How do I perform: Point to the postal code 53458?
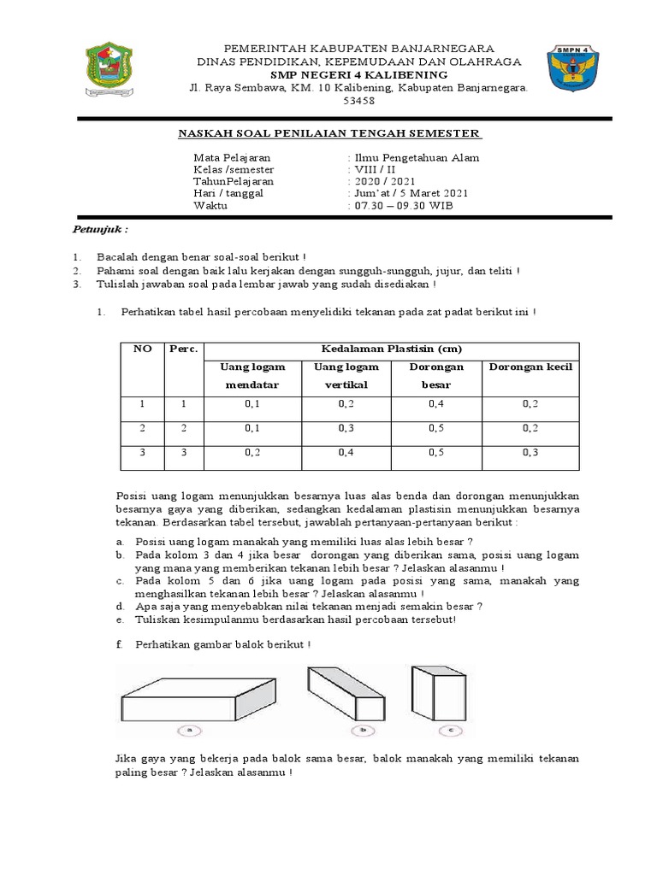(358, 101)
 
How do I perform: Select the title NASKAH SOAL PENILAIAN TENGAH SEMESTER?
(329, 133)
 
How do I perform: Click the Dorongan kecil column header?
(530, 367)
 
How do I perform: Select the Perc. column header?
(184, 349)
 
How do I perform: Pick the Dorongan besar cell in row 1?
(436, 404)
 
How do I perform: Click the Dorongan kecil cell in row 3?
(530, 453)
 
